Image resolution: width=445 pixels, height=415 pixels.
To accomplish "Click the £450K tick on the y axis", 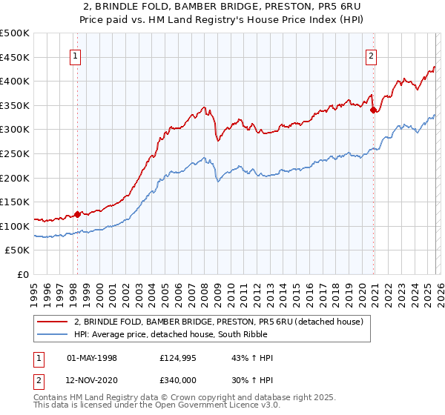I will coord(15,57).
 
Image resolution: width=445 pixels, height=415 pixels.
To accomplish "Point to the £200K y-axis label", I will coord(15,178).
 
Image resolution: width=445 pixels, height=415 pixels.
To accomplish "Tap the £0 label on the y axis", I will coord(22,274).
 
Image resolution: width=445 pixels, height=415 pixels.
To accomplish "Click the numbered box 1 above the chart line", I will coord(76,55).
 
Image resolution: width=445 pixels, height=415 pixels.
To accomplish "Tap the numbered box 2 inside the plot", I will coord(371,55).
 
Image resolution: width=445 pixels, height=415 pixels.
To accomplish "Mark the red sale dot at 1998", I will coord(77,214).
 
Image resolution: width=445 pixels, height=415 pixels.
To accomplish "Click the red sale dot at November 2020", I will coord(373,110).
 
